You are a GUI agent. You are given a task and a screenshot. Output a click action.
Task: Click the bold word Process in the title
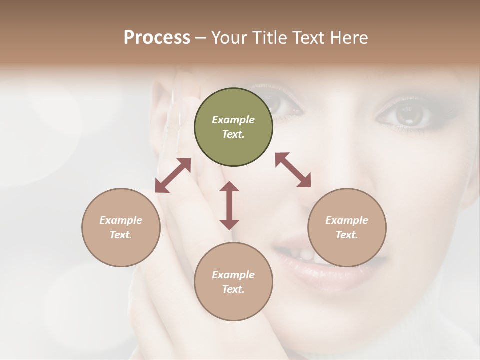coord(157,38)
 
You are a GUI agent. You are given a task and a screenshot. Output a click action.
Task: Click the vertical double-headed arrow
coord(229,205)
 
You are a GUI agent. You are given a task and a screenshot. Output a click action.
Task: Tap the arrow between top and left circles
coord(173,175)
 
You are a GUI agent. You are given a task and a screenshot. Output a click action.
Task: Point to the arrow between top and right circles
coord(293,170)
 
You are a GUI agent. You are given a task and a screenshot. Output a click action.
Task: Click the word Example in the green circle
coord(233,120)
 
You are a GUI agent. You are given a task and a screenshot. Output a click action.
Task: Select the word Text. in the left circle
coord(121,235)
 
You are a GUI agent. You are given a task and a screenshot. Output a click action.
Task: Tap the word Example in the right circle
coord(347,220)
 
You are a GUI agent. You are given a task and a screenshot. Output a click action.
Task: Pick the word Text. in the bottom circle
coord(233,289)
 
